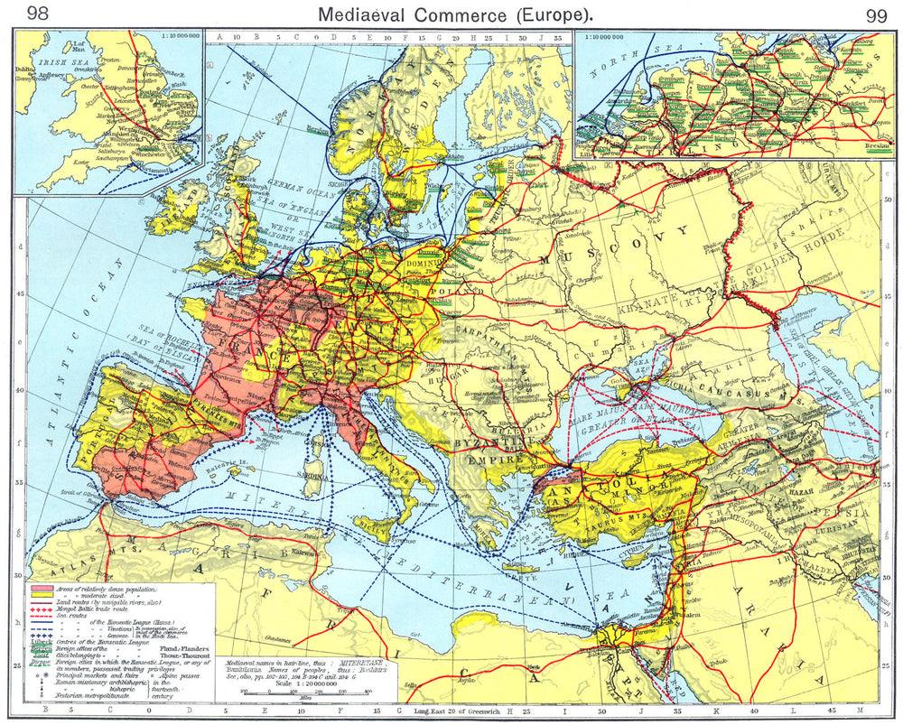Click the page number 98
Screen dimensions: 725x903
tap(40, 14)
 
